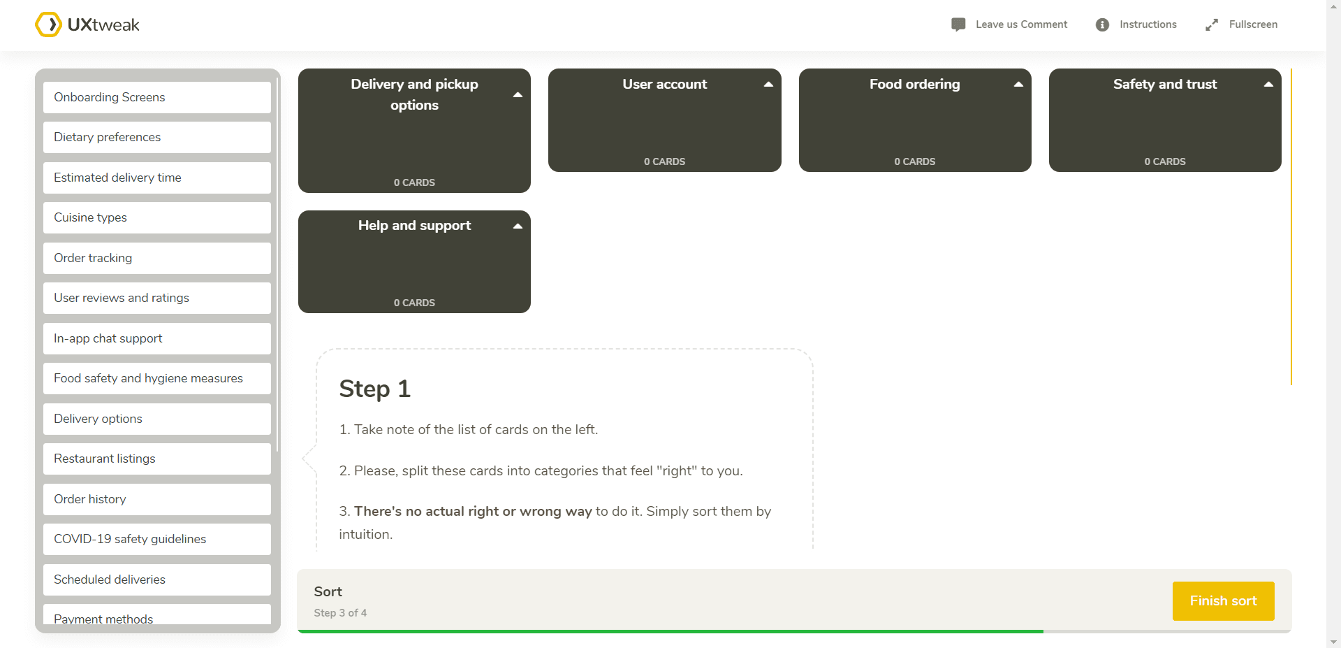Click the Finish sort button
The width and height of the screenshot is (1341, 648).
pyautogui.click(x=1223, y=600)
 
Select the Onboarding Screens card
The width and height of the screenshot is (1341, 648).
pyautogui.click(x=156, y=97)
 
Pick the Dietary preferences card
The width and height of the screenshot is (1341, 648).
pyautogui.click(x=156, y=137)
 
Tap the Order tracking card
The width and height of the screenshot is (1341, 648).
pyautogui.click(x=156, y=258)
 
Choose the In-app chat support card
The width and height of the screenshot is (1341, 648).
pyautogui.click(x=156, y=338)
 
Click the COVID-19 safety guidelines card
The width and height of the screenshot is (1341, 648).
pyautogui.click(x=156, y=539)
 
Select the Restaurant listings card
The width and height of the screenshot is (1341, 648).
pyautogui.click(x=156, y=459)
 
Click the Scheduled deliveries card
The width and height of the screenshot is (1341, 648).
pyautogui.click(x=156, y=579)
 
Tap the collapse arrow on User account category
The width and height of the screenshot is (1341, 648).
pyautogui.click(x=768, y=85)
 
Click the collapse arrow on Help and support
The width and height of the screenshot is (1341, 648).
pyautogui.click(x=518, y=226)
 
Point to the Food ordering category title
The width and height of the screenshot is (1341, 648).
pyautogui.click(x=914, y=84)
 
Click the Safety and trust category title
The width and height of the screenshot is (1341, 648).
pyautogui.click(x=1164, y=84)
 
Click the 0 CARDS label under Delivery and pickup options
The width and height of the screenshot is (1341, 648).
pyautogui.click(x=414, y=182)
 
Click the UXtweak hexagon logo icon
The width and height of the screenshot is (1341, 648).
pyautogui.click(x=48, y=24)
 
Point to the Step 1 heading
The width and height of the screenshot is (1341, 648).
pyautogui.click(x=374, y=389)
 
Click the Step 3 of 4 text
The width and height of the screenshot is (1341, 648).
pyautogui.click(x=340, y=612)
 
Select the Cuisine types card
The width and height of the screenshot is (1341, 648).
pyautogui.click(x=156, y=217)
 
